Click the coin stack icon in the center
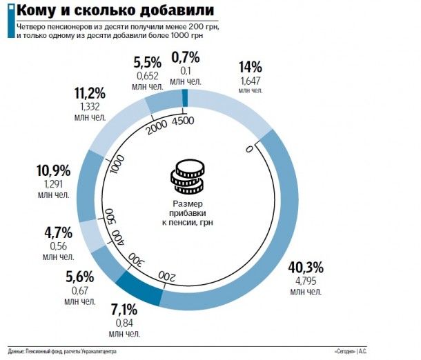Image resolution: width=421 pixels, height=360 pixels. click(187, 177)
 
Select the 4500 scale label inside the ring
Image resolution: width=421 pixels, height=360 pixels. click(182, 121)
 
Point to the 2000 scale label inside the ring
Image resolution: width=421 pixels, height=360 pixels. click(156, 126)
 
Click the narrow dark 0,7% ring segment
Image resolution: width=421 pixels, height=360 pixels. click(185, 101)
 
